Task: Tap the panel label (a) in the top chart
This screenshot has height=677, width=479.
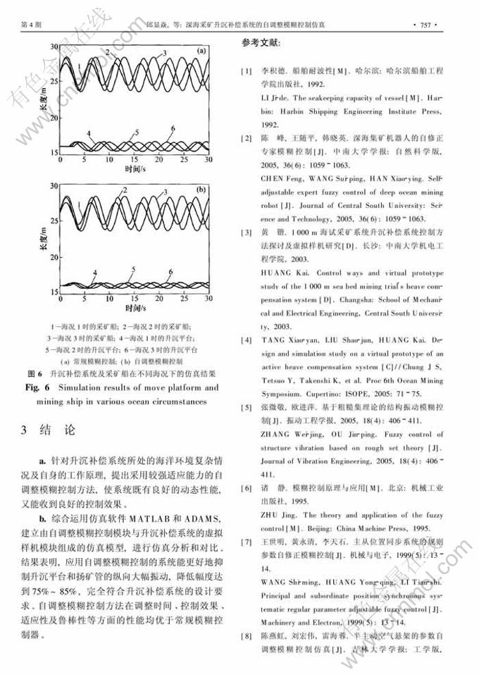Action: tap(201, 51)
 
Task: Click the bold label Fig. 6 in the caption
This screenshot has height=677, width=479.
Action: tap(39, 387)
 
